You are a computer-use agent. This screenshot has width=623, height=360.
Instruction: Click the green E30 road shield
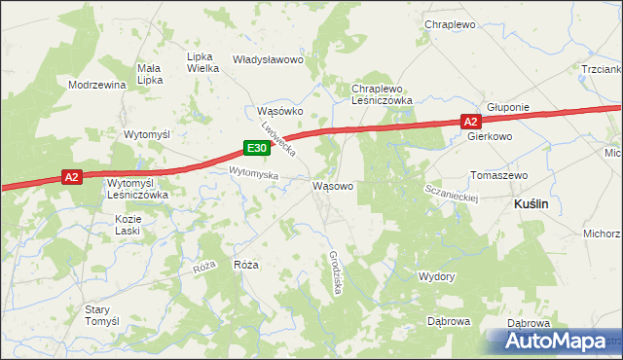pos(255,148)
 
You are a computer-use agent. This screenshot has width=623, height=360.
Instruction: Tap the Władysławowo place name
pos(269,59)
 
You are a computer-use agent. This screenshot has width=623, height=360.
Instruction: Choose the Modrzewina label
pos(97,85)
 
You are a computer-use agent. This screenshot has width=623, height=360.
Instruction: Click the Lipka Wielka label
pos(202,62)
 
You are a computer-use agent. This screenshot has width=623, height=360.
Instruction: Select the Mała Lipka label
pos(149,74)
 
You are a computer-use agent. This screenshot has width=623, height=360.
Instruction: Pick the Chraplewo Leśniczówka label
pos(384,94)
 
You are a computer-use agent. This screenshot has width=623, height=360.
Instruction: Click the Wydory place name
pos(436,276)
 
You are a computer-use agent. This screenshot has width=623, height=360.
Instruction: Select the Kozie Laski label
pos(127,226)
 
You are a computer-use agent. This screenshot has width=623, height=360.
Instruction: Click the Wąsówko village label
pos(280,111)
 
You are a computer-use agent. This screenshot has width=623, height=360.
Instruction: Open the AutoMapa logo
pos(552,341)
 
